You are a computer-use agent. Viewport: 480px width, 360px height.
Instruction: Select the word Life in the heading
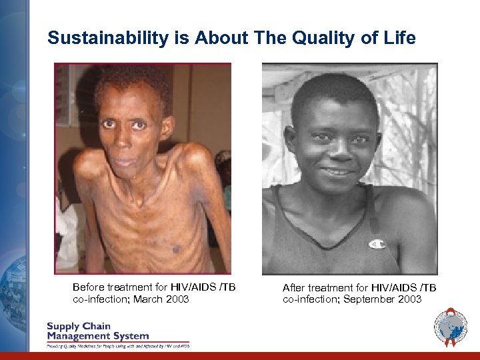(x=400, y=38)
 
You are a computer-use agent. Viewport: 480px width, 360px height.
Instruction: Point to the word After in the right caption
(x=294, y=288)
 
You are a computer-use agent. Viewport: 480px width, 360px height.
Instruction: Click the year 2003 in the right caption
(x=409, y=300)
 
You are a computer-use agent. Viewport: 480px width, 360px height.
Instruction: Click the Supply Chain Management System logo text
(x=97, y=331)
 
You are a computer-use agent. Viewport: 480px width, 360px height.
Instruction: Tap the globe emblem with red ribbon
(x=451, y=327)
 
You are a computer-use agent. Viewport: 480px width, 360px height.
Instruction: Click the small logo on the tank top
(x=377, y=244)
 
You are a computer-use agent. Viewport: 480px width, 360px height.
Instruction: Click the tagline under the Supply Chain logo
(x=117, y=346)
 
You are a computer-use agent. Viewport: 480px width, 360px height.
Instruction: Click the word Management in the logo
(x=79, y=336)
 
